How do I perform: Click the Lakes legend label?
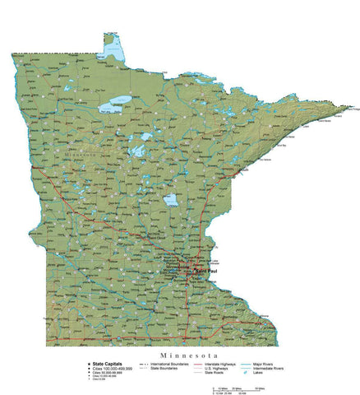coord(271,373)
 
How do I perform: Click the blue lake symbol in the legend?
coord(257,373)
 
